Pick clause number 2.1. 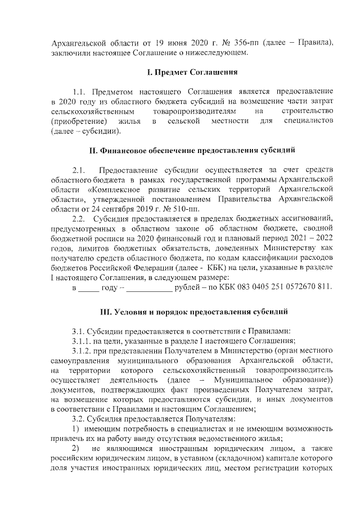pos(79,170)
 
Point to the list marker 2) pos(76,449)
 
